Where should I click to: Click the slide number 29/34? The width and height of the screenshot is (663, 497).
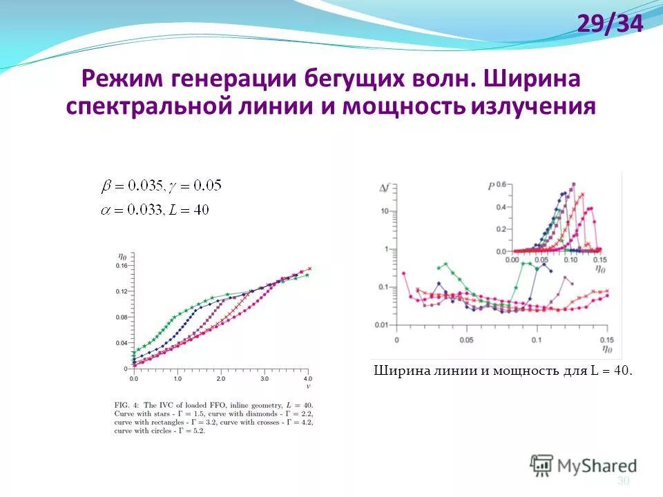[610, 25]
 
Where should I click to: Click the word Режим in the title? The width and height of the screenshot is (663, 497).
[118, 78]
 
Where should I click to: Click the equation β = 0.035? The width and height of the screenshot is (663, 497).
[132, 186]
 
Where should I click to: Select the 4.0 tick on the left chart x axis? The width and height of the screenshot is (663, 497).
[307, 380]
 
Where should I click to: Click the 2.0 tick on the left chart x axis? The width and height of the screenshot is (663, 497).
[220, 380]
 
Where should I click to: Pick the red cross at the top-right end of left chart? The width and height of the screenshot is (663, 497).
[309, 269]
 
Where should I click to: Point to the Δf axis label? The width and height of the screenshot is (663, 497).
[385, 187]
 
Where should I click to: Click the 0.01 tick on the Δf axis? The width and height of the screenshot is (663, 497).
[381, 324]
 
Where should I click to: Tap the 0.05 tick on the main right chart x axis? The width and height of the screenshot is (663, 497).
[466, 340]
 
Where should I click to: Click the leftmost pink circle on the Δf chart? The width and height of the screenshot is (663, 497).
[404, 273]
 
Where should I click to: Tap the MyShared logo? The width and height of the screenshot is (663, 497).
[584, 465]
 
